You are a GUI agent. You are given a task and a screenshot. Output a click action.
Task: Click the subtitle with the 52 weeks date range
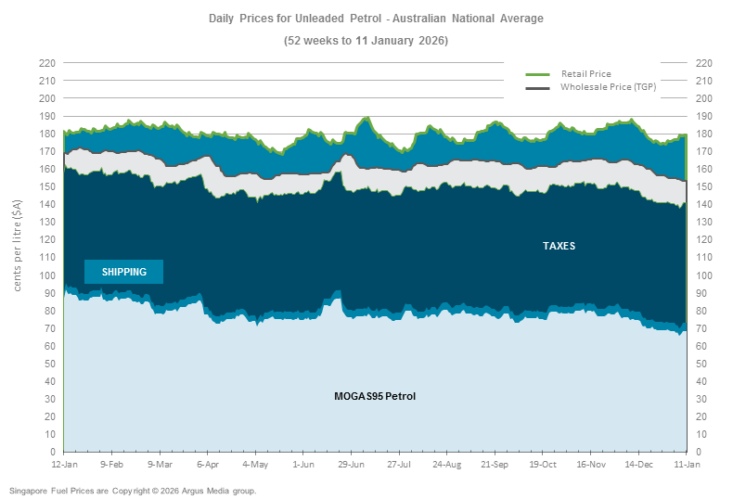[366, 41]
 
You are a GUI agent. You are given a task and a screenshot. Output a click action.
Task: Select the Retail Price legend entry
[585, 73]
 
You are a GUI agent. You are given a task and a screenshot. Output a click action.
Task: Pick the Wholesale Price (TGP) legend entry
[607, 86]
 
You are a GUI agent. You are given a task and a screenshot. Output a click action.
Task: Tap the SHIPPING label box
[123, 272]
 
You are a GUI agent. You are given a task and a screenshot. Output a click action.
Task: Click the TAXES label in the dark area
[559, 246]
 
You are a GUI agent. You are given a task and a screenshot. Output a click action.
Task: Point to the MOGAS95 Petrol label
[375, 396]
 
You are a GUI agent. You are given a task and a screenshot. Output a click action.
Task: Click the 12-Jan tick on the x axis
[64, 464]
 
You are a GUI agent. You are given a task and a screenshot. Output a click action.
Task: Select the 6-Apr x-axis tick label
[208, 464]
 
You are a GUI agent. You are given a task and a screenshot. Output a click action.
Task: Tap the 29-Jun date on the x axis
[351, 464]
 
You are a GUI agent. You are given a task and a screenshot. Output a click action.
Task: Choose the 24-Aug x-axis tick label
[447, 464]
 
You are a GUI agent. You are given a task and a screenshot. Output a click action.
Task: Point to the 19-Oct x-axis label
[543, 464]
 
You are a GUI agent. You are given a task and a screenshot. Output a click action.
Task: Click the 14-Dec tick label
[638, 464]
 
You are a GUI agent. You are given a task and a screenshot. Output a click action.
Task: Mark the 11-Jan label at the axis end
[687, 464]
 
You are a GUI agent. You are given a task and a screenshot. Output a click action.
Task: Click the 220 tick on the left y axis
[47, 63]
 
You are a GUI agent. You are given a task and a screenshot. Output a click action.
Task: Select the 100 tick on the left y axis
[47, 275]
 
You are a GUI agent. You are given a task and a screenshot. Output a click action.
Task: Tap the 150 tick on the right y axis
[702, 186]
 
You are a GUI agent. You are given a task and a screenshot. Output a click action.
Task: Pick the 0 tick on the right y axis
[697, 452]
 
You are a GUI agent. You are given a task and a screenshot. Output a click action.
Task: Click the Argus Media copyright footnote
[133, 490]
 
